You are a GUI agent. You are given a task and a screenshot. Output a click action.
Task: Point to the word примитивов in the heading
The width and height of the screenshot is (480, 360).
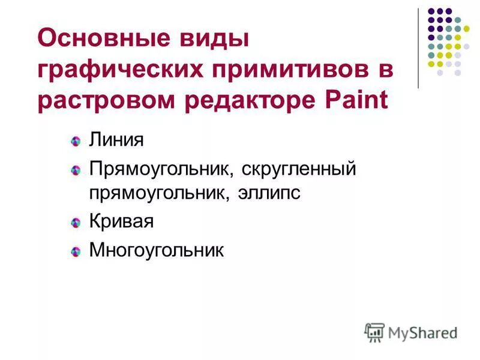(x=289, y=70)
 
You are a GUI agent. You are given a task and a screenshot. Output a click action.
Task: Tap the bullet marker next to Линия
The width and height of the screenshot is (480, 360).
(x=76, y=142)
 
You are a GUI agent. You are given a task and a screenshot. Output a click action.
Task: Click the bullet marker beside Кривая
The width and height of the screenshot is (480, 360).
(x=76, y=223)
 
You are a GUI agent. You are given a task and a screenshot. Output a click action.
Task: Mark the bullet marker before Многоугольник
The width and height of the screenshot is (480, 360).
(x=76, y=251)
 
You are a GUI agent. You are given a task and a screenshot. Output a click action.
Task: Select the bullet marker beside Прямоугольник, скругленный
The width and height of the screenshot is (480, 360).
(x=76, y=170)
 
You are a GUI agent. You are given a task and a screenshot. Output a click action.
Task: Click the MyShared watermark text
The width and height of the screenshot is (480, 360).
(x=422, y=332)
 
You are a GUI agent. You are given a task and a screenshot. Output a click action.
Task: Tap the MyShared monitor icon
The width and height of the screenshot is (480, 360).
(x=374, y=332)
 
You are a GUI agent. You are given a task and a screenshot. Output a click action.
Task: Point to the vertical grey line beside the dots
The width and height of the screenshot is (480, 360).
(x=418, y=48)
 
